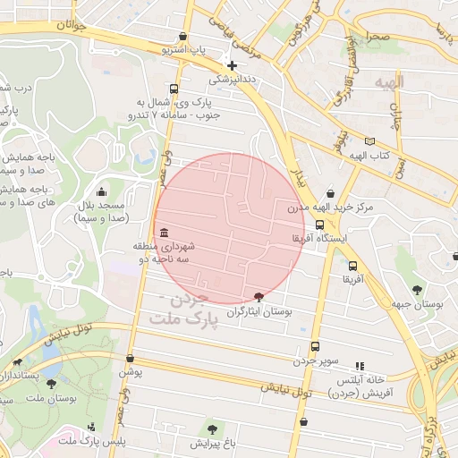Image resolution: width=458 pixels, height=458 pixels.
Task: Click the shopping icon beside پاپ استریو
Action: point(183,37)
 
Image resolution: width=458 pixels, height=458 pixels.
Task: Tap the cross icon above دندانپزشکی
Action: point(232,65)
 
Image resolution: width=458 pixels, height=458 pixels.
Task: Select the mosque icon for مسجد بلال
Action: point(101,191)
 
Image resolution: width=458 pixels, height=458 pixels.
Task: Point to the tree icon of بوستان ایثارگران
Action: point(259,296)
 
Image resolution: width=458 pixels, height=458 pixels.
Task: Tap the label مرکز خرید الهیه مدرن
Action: point(320,208)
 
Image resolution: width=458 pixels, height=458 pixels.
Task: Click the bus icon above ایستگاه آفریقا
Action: point(320,225)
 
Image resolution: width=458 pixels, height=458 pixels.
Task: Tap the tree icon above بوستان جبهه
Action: point(418,289)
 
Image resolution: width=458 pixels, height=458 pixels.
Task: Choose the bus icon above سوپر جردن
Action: point(315,346)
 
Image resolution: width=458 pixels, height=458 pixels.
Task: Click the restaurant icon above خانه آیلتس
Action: point(360,366)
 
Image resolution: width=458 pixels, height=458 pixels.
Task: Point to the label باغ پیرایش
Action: point(211,443)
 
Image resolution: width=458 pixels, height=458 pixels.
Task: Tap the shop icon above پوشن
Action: point(131,358)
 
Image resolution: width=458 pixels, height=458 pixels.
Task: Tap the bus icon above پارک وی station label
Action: point(173,89)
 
